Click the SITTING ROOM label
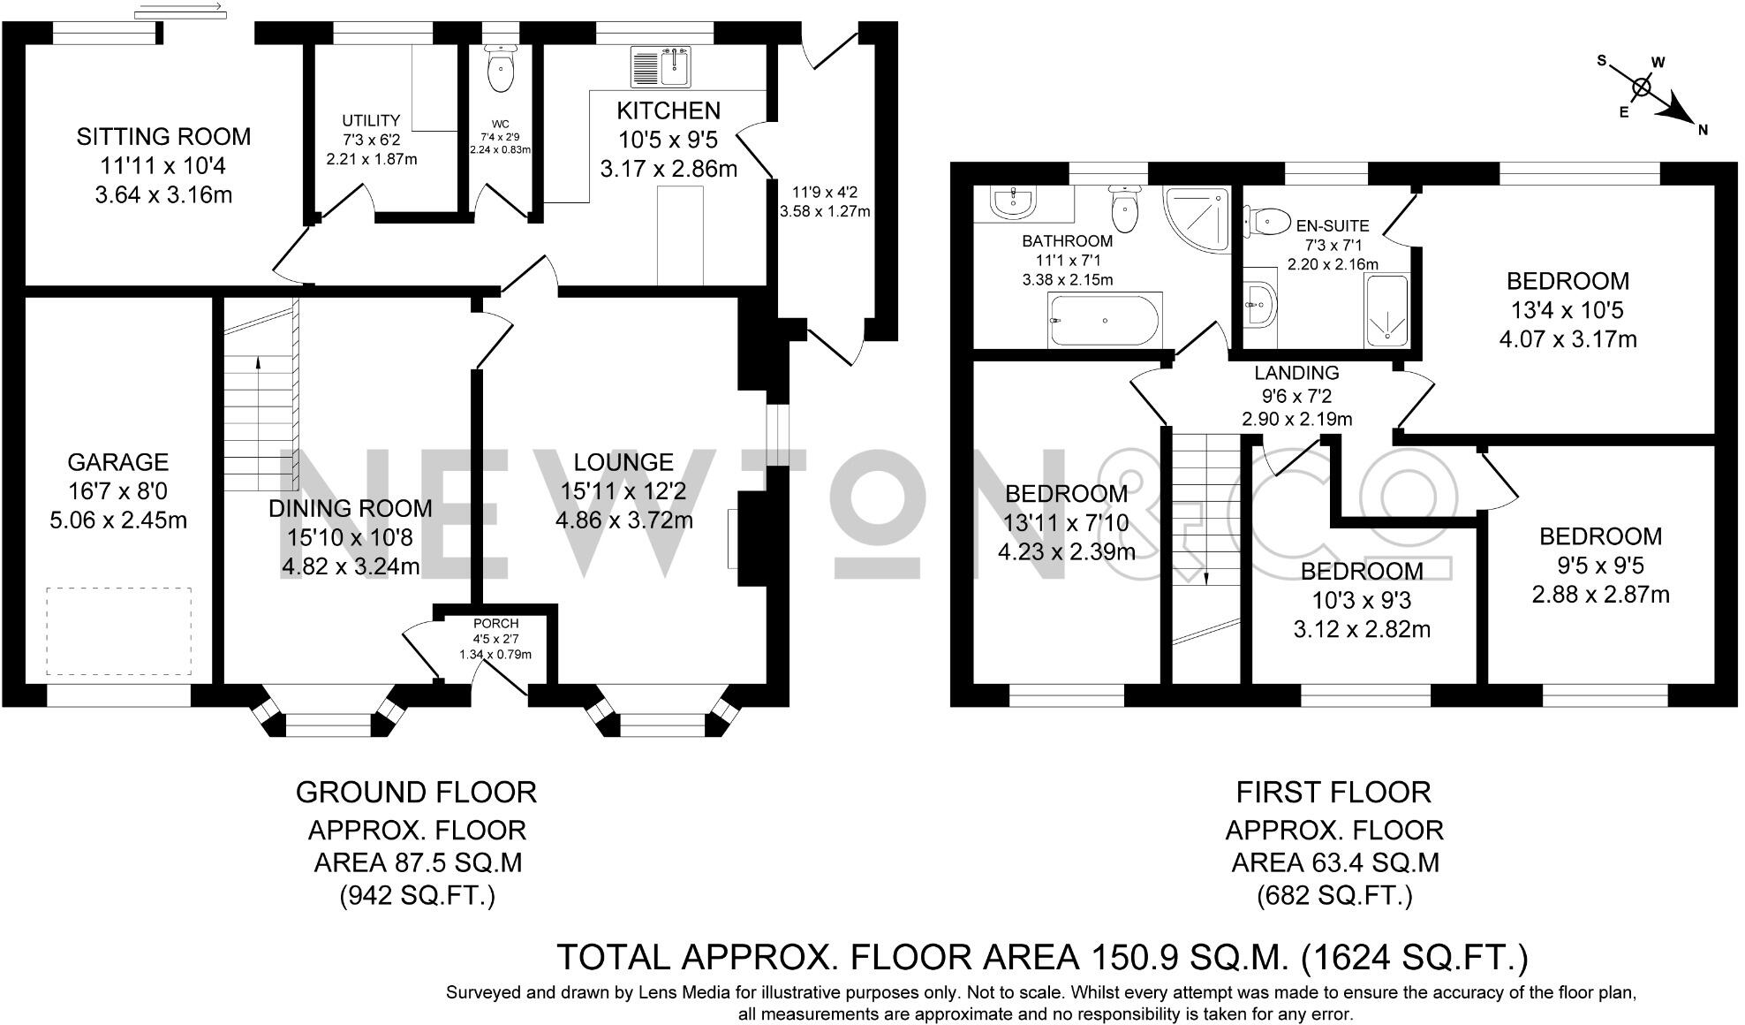pyautogui.click(x=163, y=137)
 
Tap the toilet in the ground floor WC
pyautogui.click(x=502, y=72)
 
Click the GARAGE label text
pyautogui.click(x=117, y=462)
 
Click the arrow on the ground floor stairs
pyautogui.click(x=258, y=362)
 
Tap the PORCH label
pyautogui.click(x=495, y=624)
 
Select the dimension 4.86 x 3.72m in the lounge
pyautogui.click(x=623, y=520)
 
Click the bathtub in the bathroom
pyautogui.click(x=1103, y=321)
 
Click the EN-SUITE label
pyautogui.click(x=1332, y=225)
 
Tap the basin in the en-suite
pyautogui.click(x=1260, y=305)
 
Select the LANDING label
pyautogui.click(x=1296, y=373)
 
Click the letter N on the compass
pyautogui.click(x=1702, y=130)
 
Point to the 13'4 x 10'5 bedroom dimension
pyautogui.click(x=1567, y=310)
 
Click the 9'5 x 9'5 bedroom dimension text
pyautogui.click(x=1600, y=566)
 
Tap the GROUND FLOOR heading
pyautogui.click(x=416, y=793)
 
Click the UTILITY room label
pyautogui.click(x=371, y=121)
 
